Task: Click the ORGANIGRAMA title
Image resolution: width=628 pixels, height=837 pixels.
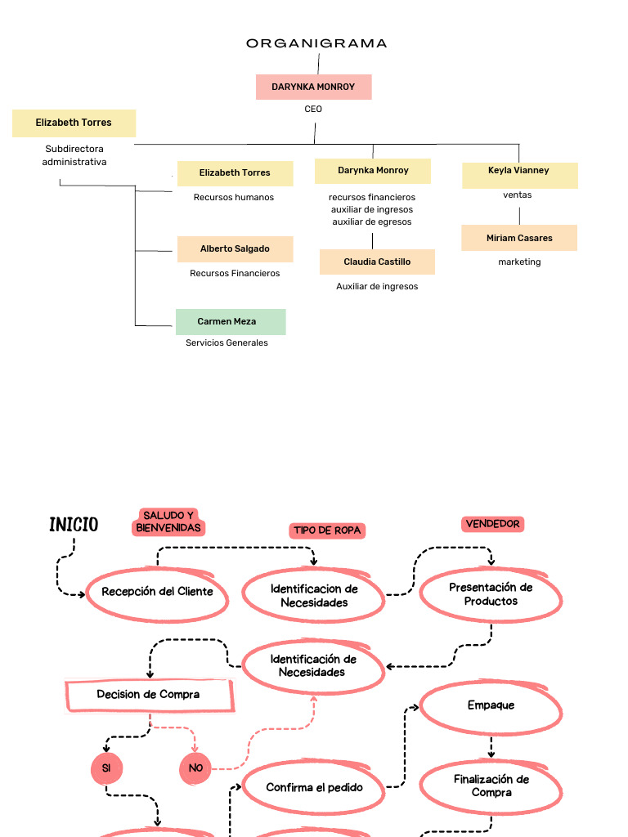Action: tap(316, 43)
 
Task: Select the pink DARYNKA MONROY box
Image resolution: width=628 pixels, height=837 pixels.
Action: tap(313, 87)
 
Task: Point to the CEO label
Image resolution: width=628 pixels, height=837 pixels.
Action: tap(313, 109)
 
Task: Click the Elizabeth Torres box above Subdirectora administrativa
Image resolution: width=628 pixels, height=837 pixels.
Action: tap(74, 123)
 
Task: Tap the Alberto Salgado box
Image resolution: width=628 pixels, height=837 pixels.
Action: tap(235, 249)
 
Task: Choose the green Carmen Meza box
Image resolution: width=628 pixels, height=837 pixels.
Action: tap(231, 322)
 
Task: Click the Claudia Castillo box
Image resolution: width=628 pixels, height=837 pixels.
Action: tap(377, 262)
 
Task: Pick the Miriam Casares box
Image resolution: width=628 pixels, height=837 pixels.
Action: tap(519, 239)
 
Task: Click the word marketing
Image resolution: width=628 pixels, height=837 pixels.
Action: tap(519, 262)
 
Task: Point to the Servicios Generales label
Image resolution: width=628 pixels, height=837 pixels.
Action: tap(227, 343)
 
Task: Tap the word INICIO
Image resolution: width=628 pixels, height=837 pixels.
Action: tap(74, 525)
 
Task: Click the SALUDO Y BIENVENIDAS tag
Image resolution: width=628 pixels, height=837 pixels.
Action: tap(169, 521)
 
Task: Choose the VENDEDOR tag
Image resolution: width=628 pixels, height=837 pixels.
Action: tap(492, 524)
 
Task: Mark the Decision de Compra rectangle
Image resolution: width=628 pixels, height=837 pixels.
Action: tap(149, 695)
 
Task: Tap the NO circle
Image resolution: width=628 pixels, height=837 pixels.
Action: tap(195, 768)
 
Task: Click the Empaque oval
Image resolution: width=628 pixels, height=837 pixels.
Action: tap(491, 705)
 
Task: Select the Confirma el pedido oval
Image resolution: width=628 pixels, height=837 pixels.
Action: tap(314, 787)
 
